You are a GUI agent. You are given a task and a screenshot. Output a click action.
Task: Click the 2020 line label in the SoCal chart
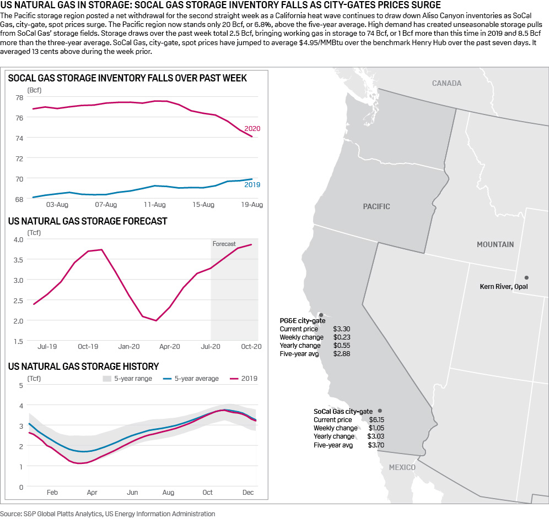click(x=252, y=128)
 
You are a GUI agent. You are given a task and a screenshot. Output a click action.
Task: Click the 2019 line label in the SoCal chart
click(x=252, y=184)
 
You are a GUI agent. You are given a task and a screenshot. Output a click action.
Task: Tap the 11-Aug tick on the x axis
click(x=155, y=205)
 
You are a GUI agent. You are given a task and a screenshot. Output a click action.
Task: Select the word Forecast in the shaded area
click(x=224, y=244)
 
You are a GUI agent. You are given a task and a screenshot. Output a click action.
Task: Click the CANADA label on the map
click(x=446, y=83)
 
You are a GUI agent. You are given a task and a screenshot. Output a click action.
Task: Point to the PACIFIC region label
click(x=376, y=206)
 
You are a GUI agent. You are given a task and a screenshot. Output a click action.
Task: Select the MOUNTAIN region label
click(x=495, y=244)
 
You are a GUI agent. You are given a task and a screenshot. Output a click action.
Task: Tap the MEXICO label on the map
click(x=402, y=467)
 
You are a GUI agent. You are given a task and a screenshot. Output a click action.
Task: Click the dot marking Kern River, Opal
click(x=526, y=277)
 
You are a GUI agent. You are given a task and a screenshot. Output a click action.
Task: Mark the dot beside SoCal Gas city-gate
click(x=380, y=411)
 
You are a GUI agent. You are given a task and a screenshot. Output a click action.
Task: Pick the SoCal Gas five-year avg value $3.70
click(x=376, y=445)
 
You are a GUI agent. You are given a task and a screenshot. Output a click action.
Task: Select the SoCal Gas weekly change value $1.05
click(x=376, y=428)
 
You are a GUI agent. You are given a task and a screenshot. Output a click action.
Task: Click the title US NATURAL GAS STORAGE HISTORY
click(x=83, y=366)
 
